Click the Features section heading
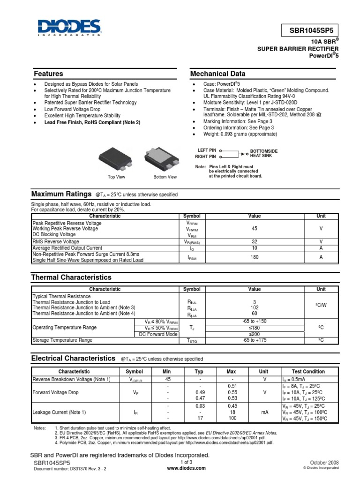[x=48, y=74]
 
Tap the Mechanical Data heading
[x=217, y=74]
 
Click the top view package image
[x=117, y=158]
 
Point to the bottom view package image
[x=165, y=158]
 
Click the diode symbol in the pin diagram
[x=244, y=153]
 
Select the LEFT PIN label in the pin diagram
[x=207, y=150]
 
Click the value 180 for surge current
[x=255, y=257]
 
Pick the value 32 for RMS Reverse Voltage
[x=255, y=241]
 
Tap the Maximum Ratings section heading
[x=61, y=194]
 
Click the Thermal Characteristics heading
[x=71, y=277]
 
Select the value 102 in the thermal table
[x=255, y=307]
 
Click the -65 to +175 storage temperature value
[x=255, y=340]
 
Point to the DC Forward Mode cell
[x=158, y=334]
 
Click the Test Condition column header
[x=308, y=371]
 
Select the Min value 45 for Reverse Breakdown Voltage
[x=168, y=379]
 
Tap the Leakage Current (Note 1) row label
[x=60, y=412]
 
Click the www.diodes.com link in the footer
[x=180, y=468]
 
